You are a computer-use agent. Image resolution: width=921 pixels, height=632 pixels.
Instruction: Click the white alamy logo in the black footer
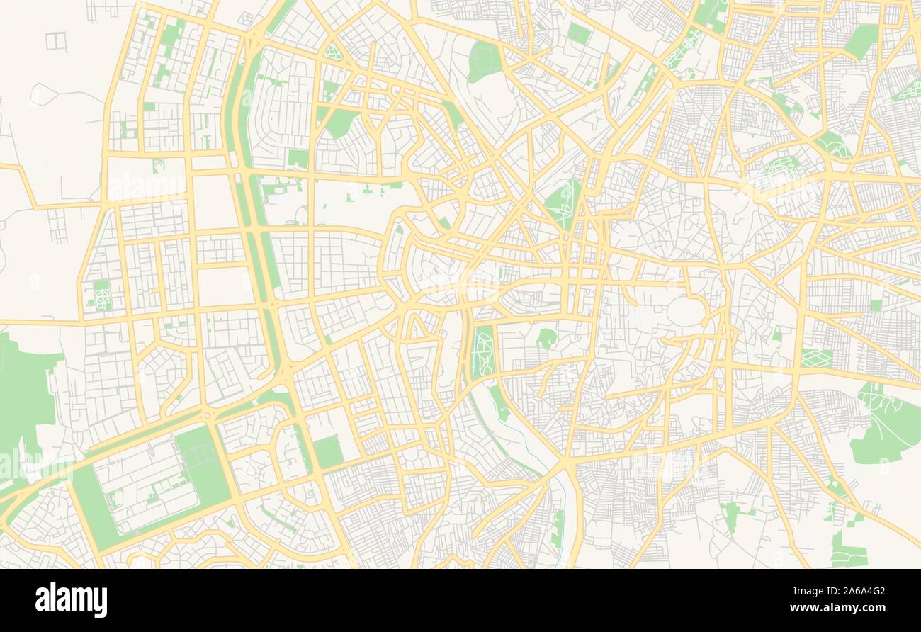click(72, 599)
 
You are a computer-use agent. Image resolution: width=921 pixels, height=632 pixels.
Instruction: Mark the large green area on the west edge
click(25, 397)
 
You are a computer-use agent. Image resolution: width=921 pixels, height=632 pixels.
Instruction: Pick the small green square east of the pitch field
click(328, 452)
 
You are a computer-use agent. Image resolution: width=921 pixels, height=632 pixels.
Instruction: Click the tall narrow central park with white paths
click(485, 352)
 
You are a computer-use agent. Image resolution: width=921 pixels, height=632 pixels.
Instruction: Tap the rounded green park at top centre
click(485, 61)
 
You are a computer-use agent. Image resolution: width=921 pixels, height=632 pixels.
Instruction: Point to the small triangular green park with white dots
click(332, 52)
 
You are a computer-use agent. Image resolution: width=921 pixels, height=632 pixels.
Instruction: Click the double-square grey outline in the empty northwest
click(56, 41)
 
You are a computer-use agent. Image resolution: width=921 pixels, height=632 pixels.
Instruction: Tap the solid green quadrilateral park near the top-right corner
click(860, 41)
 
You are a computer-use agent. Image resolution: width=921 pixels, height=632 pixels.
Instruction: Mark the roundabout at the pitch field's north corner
click(208, 415)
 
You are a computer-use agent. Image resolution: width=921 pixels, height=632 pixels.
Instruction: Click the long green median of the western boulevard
click(256, 213)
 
